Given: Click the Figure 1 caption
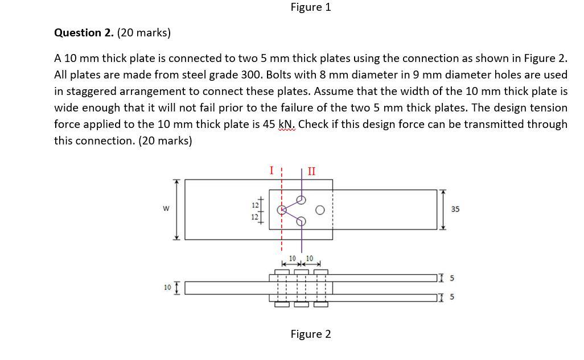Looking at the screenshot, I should tap(310, 7).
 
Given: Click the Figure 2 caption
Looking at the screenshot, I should tap(310, 334).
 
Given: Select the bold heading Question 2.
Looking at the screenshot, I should tap(84, 32).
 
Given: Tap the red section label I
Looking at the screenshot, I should tap(272, 169).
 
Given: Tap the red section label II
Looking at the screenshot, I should tap(311, 170).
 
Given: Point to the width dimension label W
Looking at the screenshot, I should tap(166, 209).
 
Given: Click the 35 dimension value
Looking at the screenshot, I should tap(455, 209).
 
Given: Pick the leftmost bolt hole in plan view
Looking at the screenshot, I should tap(281, 210).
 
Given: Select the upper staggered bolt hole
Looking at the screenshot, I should tap(302, 200).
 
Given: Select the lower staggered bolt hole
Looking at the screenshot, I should tap(302, 221).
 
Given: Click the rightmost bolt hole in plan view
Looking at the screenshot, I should tap(320, 210).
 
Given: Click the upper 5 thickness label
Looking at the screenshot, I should tap(452, 278).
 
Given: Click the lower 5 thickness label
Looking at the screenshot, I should tap(452, 297).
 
